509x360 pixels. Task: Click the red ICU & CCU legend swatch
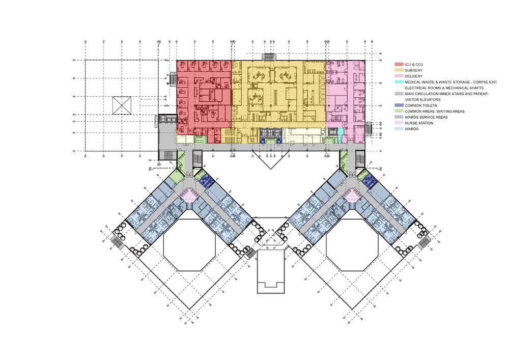[x=399, y=65]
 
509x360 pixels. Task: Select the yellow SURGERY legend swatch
[x=399, y=70]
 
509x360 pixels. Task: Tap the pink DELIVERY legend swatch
[x=399, y=76]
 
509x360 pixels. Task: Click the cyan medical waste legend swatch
[x=399, y=82]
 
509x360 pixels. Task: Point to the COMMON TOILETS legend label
[x=421, y=105]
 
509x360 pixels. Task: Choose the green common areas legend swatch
[x=399, y=112]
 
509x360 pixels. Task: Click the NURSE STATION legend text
[x=419, y=123]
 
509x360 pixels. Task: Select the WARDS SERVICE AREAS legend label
[x=426, y=117]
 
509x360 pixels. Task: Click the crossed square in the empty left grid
[x=122, y=105]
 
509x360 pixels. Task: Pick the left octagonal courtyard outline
[x=163, y=245]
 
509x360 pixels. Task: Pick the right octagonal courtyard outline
[x=326, y=245]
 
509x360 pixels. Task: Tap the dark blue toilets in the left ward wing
[x=206, y=180]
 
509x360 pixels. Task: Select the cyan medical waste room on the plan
[x=341, y=135]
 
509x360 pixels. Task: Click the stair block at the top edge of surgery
[x=269, y=57]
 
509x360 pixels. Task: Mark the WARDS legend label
[x=412, y=129]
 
